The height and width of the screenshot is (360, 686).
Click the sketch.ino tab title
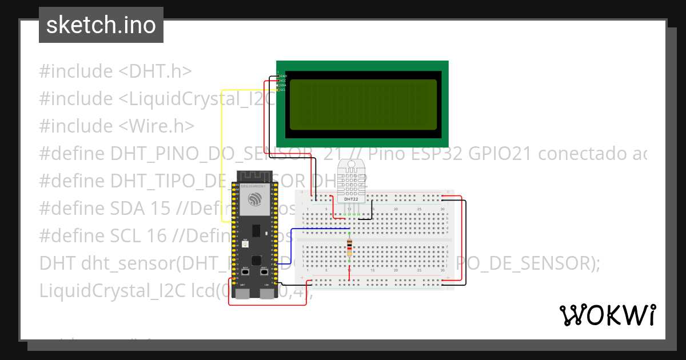tap(101, 26)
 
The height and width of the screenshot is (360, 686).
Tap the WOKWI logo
tap(607, 315)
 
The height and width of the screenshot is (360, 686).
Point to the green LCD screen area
tap(363, 105)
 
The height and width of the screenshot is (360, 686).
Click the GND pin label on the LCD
tap(282, 75)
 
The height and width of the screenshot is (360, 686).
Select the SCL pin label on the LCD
tap(282, 90)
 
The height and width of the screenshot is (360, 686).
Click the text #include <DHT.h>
tap(115, 71)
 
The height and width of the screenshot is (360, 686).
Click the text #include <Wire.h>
tap(117, 126)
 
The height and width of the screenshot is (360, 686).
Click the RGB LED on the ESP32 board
tap(245, 243)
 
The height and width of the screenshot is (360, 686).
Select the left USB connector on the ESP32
tap(242, 294)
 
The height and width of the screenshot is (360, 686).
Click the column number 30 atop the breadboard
tap(442, 209)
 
